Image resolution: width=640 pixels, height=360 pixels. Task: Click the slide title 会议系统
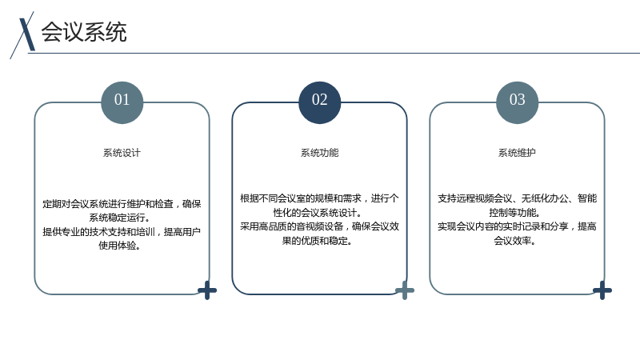[x=84, y=32]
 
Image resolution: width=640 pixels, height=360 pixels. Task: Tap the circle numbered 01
[x=122, y=102]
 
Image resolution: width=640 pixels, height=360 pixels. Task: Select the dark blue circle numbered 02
[x=319, y=102]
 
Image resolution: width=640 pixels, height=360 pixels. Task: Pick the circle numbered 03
[x=517, y=102]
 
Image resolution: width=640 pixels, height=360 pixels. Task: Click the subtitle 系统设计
[x=122, y=153]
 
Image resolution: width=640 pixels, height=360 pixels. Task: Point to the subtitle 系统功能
[x=319, y=153]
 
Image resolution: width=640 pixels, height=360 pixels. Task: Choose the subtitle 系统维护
[x=517, y=153]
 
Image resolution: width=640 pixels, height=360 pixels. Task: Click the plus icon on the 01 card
[x=207, y=290]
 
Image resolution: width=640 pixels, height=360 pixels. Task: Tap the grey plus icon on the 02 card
[x=405, y=290]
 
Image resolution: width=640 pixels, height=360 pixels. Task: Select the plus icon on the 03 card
[x=602, y=290]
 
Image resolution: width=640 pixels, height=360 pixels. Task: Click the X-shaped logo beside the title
[x=23, y=34]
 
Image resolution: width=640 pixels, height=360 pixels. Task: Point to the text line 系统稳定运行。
[x=120, y=218]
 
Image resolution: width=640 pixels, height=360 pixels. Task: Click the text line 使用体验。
[x=120, y=246]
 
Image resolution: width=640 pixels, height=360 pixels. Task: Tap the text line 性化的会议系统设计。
[x=318, y=213]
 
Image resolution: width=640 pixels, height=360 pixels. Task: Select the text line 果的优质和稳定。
[x=318, y=241]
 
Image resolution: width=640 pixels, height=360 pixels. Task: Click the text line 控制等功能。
[x=515, y=213]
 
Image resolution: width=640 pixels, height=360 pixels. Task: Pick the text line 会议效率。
[x=515, y=241]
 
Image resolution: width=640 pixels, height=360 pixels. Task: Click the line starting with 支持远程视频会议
[x=517, y=198]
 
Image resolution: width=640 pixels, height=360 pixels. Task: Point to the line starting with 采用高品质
[x=319, y=226]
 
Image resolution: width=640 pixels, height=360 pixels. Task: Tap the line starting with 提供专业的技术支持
[x=122, y=232]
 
